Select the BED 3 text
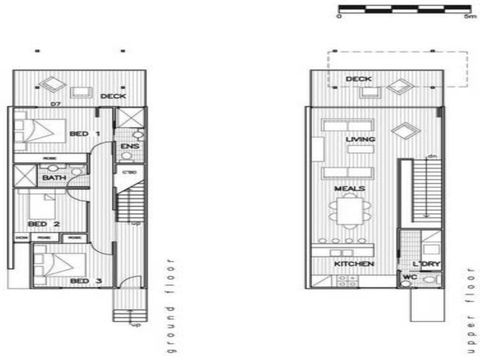click(x=82, y=281)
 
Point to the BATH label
click(x=53, y=177)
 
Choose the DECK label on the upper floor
click(x=358, y=79)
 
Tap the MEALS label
click(x=349, y=188)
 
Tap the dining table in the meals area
click(x=350, y=213)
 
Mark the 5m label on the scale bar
click(x=469, y=17)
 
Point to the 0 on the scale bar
click(x=339, y=17)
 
